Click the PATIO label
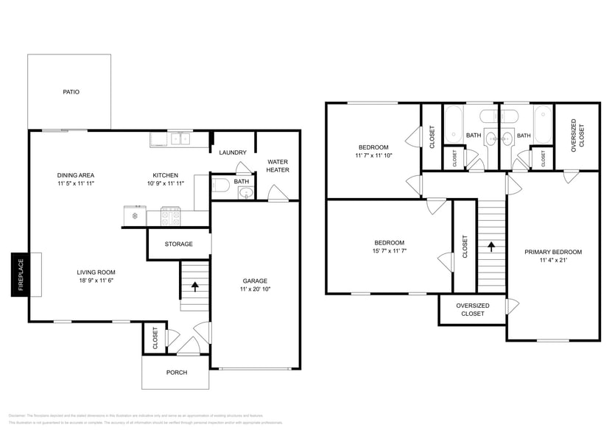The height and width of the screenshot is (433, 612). point(71,92)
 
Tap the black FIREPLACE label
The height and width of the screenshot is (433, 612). point(21,275)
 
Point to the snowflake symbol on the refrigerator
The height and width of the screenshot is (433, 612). point(134,216)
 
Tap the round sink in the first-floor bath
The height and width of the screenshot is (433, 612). point(246,194)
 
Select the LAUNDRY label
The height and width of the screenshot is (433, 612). point(233,152)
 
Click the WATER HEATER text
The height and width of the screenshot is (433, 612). point(278,166)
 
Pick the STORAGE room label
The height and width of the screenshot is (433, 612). point(178,244)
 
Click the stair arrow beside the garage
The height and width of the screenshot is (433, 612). point(195,286)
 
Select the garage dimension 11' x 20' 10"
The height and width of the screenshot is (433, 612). point(256,289)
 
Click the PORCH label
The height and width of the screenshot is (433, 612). point(176,373)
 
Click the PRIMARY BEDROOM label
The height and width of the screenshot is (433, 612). point(553,252)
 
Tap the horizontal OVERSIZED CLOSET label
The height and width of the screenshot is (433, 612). point(472,309)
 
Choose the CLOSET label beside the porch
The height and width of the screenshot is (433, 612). point(155,338)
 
